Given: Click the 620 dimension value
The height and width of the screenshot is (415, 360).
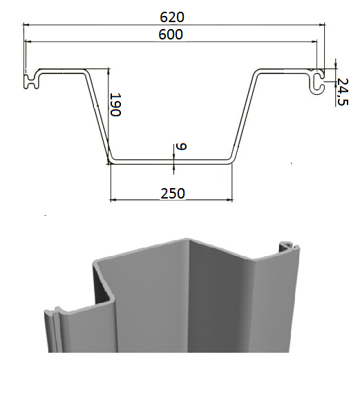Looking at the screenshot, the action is (x=172, y=17).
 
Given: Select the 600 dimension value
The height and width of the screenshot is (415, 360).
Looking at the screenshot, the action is (x=171, y=35).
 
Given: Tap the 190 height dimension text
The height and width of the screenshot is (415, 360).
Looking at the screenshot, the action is (x=115, y=104).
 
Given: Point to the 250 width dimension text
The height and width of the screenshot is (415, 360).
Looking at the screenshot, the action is (x=173, y=194).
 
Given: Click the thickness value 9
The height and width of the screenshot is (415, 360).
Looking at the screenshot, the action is (x=182, y=147).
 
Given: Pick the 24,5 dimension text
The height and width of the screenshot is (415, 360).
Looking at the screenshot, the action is (x=343, y=92).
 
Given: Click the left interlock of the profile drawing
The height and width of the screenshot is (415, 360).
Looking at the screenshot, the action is (x=32, y=79).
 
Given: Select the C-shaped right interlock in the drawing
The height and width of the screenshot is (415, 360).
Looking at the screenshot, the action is (x=317, y=82).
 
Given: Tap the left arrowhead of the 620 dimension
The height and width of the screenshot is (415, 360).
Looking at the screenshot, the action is (x=26, y=25).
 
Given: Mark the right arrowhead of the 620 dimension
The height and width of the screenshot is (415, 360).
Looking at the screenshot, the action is (x=322, y=25).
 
